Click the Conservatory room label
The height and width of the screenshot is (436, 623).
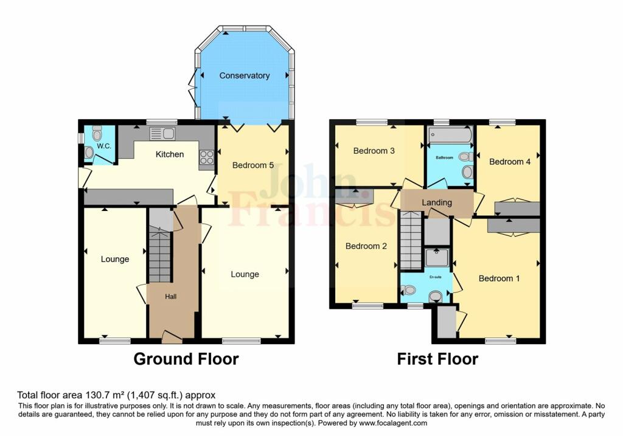click(245, 75)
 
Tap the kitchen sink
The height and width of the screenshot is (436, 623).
click(162, 133)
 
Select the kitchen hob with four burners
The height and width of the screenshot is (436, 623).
click(207, 157)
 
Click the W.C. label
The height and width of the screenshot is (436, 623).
click(104, 146)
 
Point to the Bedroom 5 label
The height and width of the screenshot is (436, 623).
click(253, 165)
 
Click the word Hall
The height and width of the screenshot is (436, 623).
click(171, 297)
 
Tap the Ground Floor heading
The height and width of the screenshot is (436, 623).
click(186, 359)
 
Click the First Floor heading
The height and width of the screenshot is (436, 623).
click(438, 359)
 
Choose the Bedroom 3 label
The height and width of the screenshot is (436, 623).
click(374, 151)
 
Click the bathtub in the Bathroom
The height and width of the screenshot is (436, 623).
click(451, 135)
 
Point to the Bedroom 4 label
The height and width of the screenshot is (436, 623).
click(510, 162)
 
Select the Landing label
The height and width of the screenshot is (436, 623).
click(437, 202)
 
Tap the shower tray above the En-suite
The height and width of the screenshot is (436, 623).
click(437, 258)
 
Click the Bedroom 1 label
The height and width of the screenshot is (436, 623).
click(499, 279)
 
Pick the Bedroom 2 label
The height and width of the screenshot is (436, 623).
click(366, 246)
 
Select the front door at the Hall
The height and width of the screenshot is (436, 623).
click(172, 337)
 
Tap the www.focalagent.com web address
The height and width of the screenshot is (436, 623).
click(393, 423)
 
